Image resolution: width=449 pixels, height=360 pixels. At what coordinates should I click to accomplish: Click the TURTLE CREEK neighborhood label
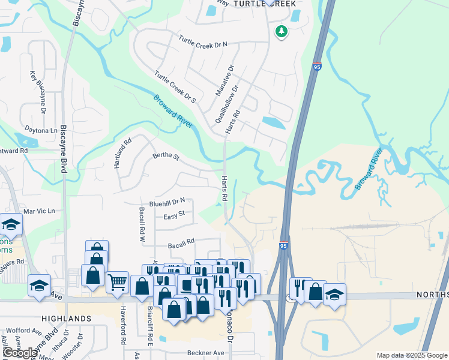point(265,4)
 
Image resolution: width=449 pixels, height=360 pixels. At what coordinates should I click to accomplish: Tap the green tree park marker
point(281,31)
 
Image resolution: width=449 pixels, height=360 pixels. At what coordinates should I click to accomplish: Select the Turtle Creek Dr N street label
point(203,42)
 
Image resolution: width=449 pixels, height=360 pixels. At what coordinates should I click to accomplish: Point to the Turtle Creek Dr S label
point(175,86)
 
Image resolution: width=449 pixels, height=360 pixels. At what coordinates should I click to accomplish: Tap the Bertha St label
point(166,157)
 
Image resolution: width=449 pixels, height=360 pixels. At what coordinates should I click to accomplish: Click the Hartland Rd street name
point(123,154)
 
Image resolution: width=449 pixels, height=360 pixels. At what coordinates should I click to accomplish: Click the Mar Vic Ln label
point(39,211)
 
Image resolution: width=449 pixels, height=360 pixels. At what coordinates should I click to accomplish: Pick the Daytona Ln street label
point(41,130)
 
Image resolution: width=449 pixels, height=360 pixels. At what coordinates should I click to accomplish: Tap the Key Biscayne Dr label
point(37,92)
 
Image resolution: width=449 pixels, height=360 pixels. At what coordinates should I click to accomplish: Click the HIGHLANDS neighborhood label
point(67,318)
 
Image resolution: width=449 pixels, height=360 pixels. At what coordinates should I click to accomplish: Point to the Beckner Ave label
point(205,353)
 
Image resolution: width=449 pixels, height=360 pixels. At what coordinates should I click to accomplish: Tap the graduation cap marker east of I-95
point(334,294)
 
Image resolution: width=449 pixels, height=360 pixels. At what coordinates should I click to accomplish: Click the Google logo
point(20,353)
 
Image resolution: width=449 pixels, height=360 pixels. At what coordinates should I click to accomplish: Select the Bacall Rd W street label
point(142,224)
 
